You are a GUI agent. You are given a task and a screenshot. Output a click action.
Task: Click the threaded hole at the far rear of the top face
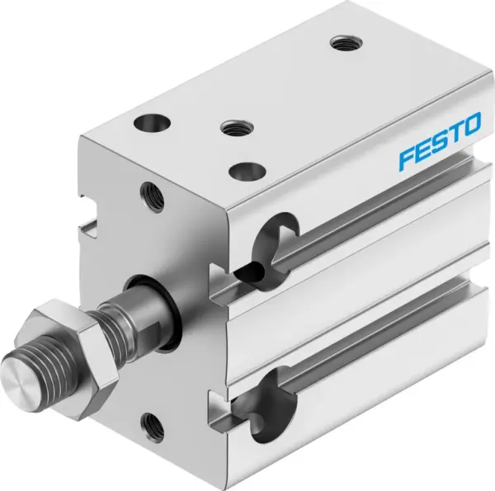tap(339, 41)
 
